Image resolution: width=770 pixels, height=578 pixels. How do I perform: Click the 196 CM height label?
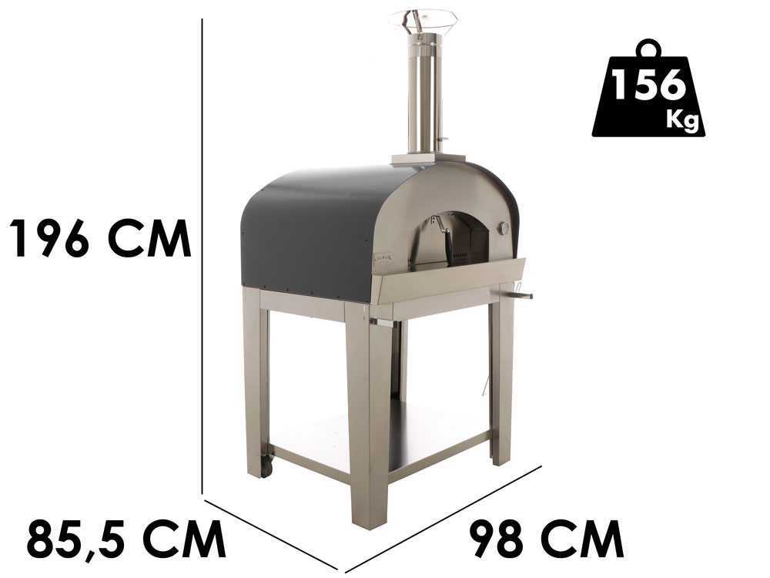click(x=100, y=238)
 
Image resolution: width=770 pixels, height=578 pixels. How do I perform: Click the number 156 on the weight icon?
click(x=648, y=85)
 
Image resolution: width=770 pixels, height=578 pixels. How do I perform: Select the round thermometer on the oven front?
click(x=504, y=228)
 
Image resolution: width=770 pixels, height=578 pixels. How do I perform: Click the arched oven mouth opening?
click(x=452, y=240)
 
